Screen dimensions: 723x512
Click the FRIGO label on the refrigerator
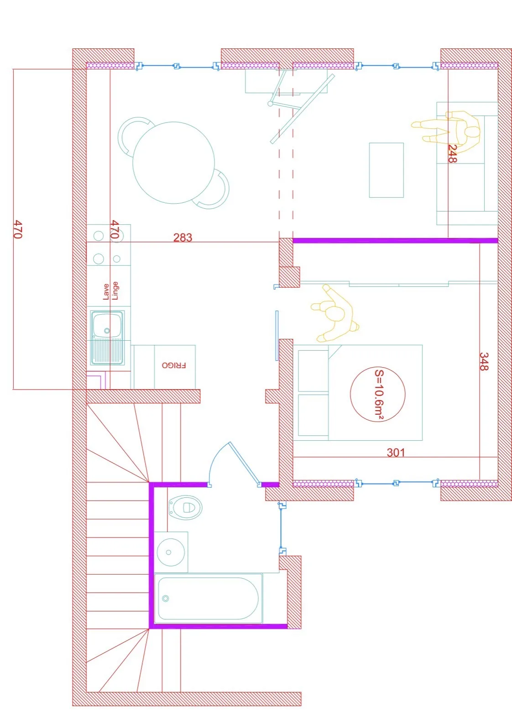(174, 365)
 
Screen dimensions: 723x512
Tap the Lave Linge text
(110, 291)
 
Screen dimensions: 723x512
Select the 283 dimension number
(183, 237)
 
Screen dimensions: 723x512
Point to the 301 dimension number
(396, 452)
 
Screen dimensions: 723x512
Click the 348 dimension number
(484, 361)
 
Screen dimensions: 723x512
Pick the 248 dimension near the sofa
(452, 154)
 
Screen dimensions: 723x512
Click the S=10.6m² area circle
(377, 394)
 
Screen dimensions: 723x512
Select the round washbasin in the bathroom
(171, 552)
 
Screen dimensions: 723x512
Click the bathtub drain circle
(166, 598)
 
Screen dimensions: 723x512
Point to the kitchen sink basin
(107, 326)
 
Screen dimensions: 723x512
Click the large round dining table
(173, 162)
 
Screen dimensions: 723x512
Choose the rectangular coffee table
(386, 170)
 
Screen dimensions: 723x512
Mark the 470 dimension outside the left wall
(17, 229)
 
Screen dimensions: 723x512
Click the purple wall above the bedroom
(395, 240)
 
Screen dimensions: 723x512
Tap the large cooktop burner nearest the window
(99, 236)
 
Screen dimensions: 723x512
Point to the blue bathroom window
(282, 528)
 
